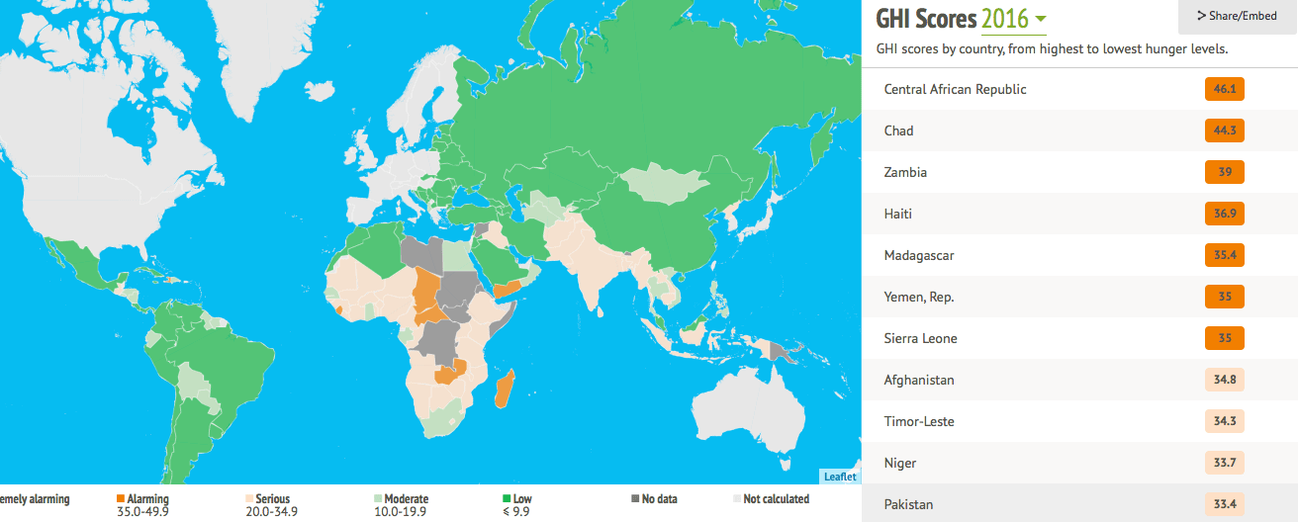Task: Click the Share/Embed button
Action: (1238, 16)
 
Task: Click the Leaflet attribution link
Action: (840, 477)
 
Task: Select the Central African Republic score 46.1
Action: (1224, 89)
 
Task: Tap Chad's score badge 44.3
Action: (1224, 130)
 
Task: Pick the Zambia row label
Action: (905, 172)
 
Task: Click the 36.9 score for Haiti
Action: (1224, 214)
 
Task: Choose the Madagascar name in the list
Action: (919, 255)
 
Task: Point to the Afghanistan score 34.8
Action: (1224, 380)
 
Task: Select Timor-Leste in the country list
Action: (919, 421)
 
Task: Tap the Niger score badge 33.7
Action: (1224, 463)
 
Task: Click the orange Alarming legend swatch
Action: (121, 499)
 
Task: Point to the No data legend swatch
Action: (635, 499)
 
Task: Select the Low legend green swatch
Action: (506, 499)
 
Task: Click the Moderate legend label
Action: (406, 499)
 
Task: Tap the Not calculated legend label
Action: (776, 499)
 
